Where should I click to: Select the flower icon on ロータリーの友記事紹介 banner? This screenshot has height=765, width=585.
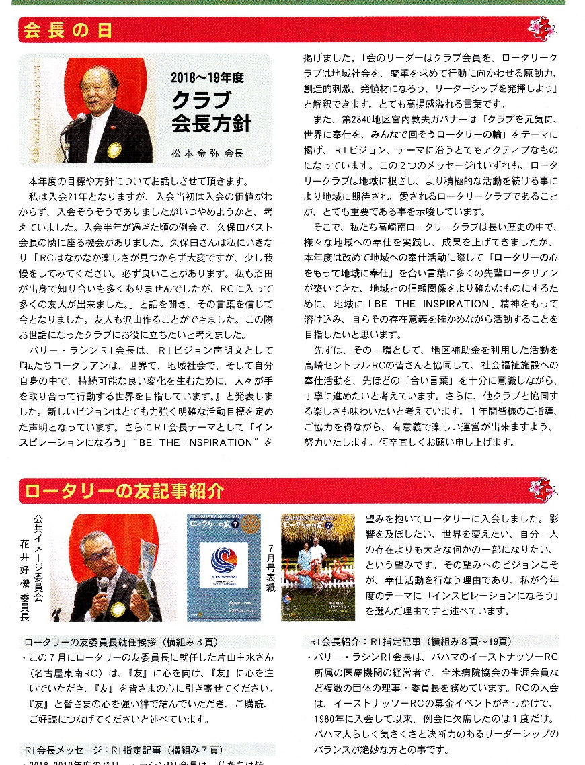point(543,490)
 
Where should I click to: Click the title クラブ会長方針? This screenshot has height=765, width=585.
point(210,112)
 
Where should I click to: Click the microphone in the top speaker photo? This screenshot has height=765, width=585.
point(76,121)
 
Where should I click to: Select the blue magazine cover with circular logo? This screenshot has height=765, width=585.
point(223,567)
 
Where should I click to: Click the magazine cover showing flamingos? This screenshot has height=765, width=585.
point(317,567)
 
